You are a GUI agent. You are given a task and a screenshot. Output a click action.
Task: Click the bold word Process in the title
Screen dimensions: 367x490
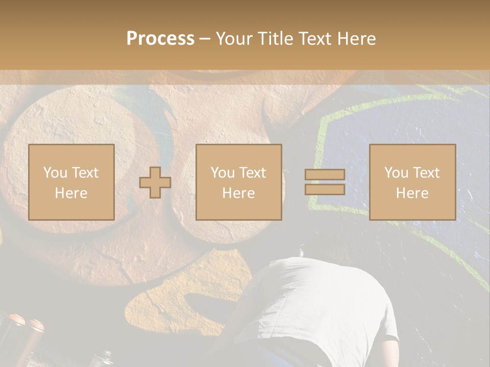click(x=160, y=39)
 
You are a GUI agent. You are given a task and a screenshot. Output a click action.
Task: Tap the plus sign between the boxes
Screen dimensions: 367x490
click(x=155, y=182)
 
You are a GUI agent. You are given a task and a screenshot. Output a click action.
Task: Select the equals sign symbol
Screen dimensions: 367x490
click(x=325, y=182)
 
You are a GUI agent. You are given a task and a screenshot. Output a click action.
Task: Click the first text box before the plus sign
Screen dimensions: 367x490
click(x=71, y=182)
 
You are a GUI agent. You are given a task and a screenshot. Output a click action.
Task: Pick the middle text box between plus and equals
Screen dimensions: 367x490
click(x=238, y=182)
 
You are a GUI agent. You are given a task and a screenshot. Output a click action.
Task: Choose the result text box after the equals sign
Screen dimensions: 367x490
click(x=412, y=182)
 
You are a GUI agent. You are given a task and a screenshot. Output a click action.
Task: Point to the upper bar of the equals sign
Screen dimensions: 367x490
click(x=325, y=175)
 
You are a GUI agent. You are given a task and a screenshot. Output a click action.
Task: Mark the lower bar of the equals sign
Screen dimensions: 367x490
click(x=325, y=190)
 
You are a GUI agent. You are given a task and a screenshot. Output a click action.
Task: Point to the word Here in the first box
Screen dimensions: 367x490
click(x=71, y=193)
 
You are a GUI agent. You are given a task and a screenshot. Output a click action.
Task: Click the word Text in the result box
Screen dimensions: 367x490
click(x=427, y=173)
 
